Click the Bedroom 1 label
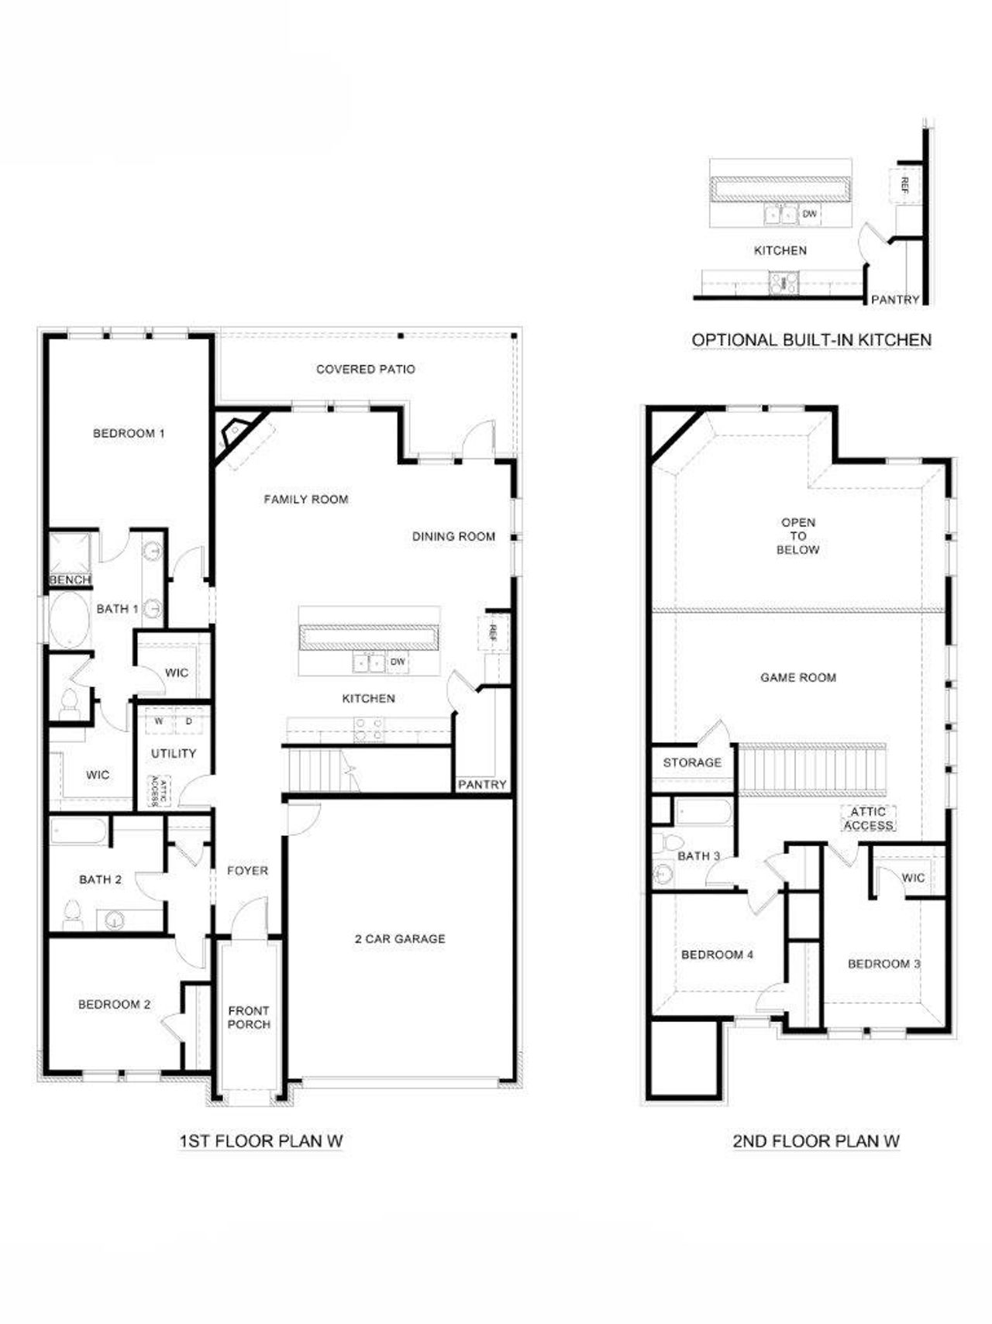tap(129, 433)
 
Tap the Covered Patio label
tap(365, 370)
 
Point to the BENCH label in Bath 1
tap(70, 579)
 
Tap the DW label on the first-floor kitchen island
tap(398, 662)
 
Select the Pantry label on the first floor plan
tap(481, 785)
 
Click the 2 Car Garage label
tap(400, 939)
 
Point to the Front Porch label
tap(249, 1017)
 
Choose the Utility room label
tap(173, 753)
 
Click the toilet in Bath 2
tap(72, 915)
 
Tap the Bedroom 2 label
tap(114, 1005)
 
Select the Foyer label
tap(247, 871)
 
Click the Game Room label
tap(797, 677)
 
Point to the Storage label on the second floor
tap(692, 762)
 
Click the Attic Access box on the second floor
tap(868, 819)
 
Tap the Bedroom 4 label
tap(717, 954)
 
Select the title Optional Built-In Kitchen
tap(811, 339)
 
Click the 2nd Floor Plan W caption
tap(815, 1140)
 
